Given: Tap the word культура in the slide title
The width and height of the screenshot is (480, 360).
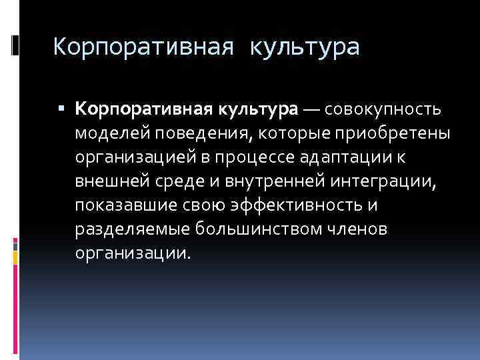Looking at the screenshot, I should pos(305,47).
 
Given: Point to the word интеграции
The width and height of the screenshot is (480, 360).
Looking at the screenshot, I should pos(373,181).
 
